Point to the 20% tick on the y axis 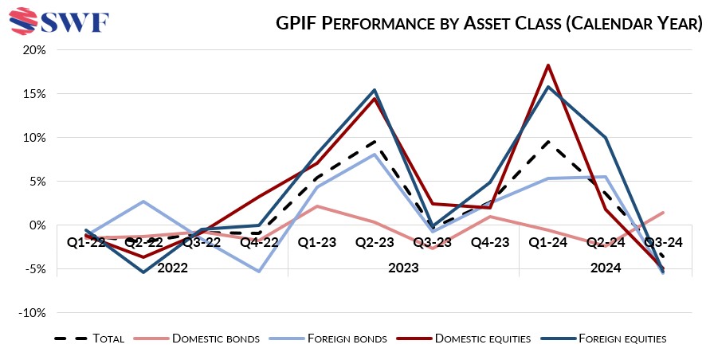(x=37, y=49)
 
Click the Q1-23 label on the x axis (x=316, y=242)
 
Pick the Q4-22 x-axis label (x=259, y=242)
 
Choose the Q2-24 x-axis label (x=605, y=242)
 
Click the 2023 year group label (x=403, y=268)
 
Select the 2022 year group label (x=172, y=268)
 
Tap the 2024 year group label (x=606, y=268)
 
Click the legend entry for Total (x=88, y=338)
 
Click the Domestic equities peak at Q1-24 (x=547, y=65)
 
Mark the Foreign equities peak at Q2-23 (x=375, y=90)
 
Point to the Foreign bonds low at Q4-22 (x=259, y=272)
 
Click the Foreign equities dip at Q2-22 (x=143, y=272)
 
